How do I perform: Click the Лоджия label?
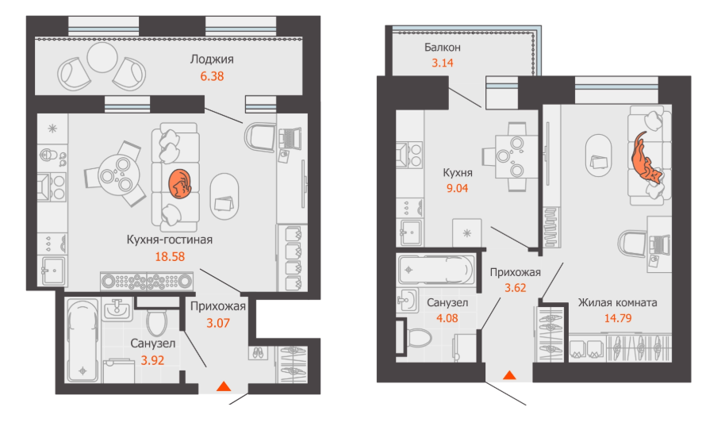(x=212, y=60)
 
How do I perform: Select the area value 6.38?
(x=212, y=76)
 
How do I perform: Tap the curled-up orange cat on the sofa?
(x=180, y=184)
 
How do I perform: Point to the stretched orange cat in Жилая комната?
(x=646, y=158)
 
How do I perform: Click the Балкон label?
(x=443, y=47)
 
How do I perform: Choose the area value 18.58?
(x=170, y=256)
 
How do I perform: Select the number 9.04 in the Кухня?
(x=457, y=188)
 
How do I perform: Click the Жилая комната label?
(x=618, y=303)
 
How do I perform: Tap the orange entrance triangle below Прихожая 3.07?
(x=224, y=386)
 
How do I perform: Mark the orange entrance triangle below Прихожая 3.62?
(x=509, y=374)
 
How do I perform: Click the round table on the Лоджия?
(x=102, y=58)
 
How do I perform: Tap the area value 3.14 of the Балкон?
(x=443, y=63)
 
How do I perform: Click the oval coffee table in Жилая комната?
(x=599, y=155)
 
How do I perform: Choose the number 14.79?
(x=618, y=319)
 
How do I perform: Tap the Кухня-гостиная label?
(x=170, y=240)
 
